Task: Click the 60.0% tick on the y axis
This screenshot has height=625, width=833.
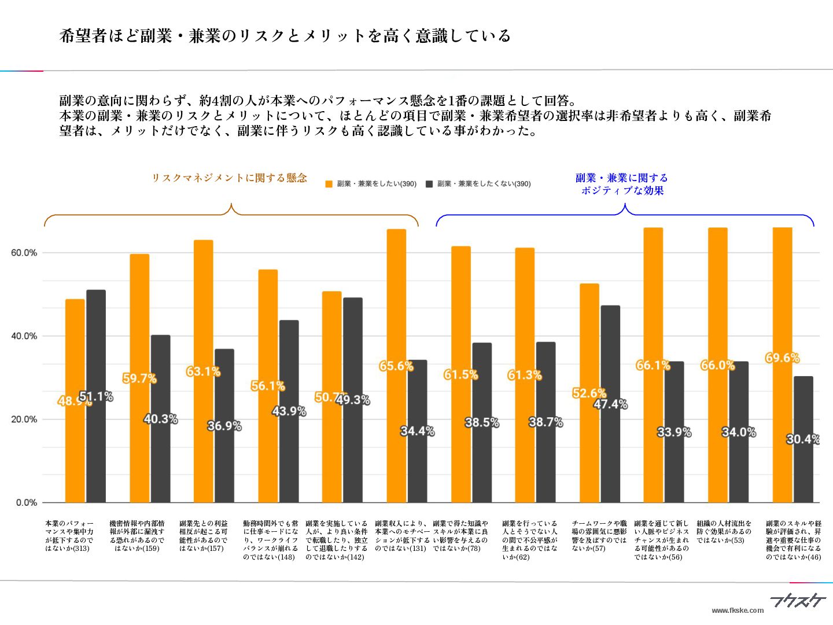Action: pyautogui.click(x=24, y=253)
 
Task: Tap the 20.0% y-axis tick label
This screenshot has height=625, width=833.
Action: pyautogui.click(x=24, y=420)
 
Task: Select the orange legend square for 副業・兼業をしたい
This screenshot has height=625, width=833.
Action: pyautogui.click(x=329, y=184)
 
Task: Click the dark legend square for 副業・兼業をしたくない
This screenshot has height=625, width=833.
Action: pyautogui.click(x=429, y=184)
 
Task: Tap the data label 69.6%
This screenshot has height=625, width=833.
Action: pyautogui.click(x=782, y=358)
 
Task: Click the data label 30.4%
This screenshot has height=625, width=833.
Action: pyautogui.click(x=803, y=439)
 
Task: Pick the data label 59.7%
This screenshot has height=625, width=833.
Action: pyautogui.click(x=139, y=378)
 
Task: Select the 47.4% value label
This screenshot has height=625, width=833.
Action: pyautogui.click(x=610, y=404)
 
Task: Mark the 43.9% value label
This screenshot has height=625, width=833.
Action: pyautogui.click(x=289, y=411)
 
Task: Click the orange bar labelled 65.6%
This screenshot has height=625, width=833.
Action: pyautogui.click(x=396, y=301)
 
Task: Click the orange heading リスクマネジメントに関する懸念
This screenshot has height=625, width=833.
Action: pyautogui.click(x=229, y=178)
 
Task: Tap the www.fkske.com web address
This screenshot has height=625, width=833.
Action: pyautogui.click(x=737, y=611)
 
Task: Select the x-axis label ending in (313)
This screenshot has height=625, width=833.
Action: pyautogui.click(x=69, y=536)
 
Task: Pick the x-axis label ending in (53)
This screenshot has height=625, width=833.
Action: pyautogui.click(x=724, y=532)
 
